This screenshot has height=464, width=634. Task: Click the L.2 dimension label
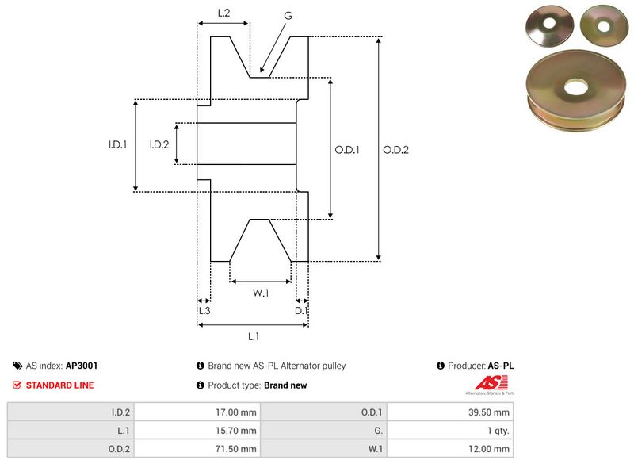coord(223,13)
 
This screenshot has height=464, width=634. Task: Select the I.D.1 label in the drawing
coord(118,145)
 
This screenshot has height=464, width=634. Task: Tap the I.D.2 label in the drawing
coord(159,144)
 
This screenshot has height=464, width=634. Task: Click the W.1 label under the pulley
coord(261,293)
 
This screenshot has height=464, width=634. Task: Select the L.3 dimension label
coord(204,310)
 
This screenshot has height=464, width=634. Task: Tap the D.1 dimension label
coord(301,310)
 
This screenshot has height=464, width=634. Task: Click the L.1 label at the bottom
coord(254,337)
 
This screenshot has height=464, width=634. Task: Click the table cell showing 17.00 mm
coord(236,412)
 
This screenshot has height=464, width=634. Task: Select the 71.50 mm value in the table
coord(236,450)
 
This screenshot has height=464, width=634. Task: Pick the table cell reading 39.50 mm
coord(489,412)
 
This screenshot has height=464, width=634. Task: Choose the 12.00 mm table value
coord(489,450)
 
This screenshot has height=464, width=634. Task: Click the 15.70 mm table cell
coord(236,431)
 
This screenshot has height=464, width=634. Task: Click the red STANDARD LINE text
coord(59,385)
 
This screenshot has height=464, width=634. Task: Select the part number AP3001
coord(81,366)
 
